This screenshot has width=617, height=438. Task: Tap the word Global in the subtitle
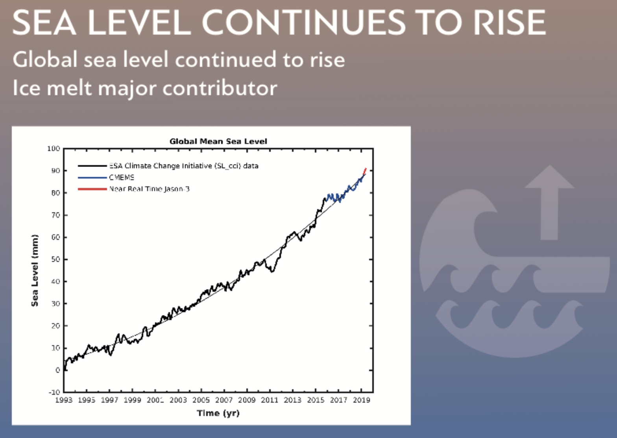45,60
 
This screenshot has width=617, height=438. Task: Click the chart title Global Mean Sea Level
218,141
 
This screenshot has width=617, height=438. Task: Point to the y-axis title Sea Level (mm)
35,270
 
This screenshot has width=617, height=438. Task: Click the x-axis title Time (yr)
218,413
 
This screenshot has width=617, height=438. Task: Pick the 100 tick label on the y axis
54,149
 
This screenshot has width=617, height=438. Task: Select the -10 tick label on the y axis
54,392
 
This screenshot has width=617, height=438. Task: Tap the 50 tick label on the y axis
55,259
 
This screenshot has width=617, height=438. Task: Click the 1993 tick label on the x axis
64,400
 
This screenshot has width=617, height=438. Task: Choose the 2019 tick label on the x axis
361,400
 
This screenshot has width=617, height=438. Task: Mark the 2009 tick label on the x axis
247,400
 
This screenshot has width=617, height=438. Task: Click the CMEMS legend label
122,177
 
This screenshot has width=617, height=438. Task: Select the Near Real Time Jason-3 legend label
149,189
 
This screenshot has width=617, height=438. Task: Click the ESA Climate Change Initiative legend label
183,166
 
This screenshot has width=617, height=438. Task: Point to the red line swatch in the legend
92,189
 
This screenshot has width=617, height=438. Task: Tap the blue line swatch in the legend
92,178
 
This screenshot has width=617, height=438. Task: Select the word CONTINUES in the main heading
303,22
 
